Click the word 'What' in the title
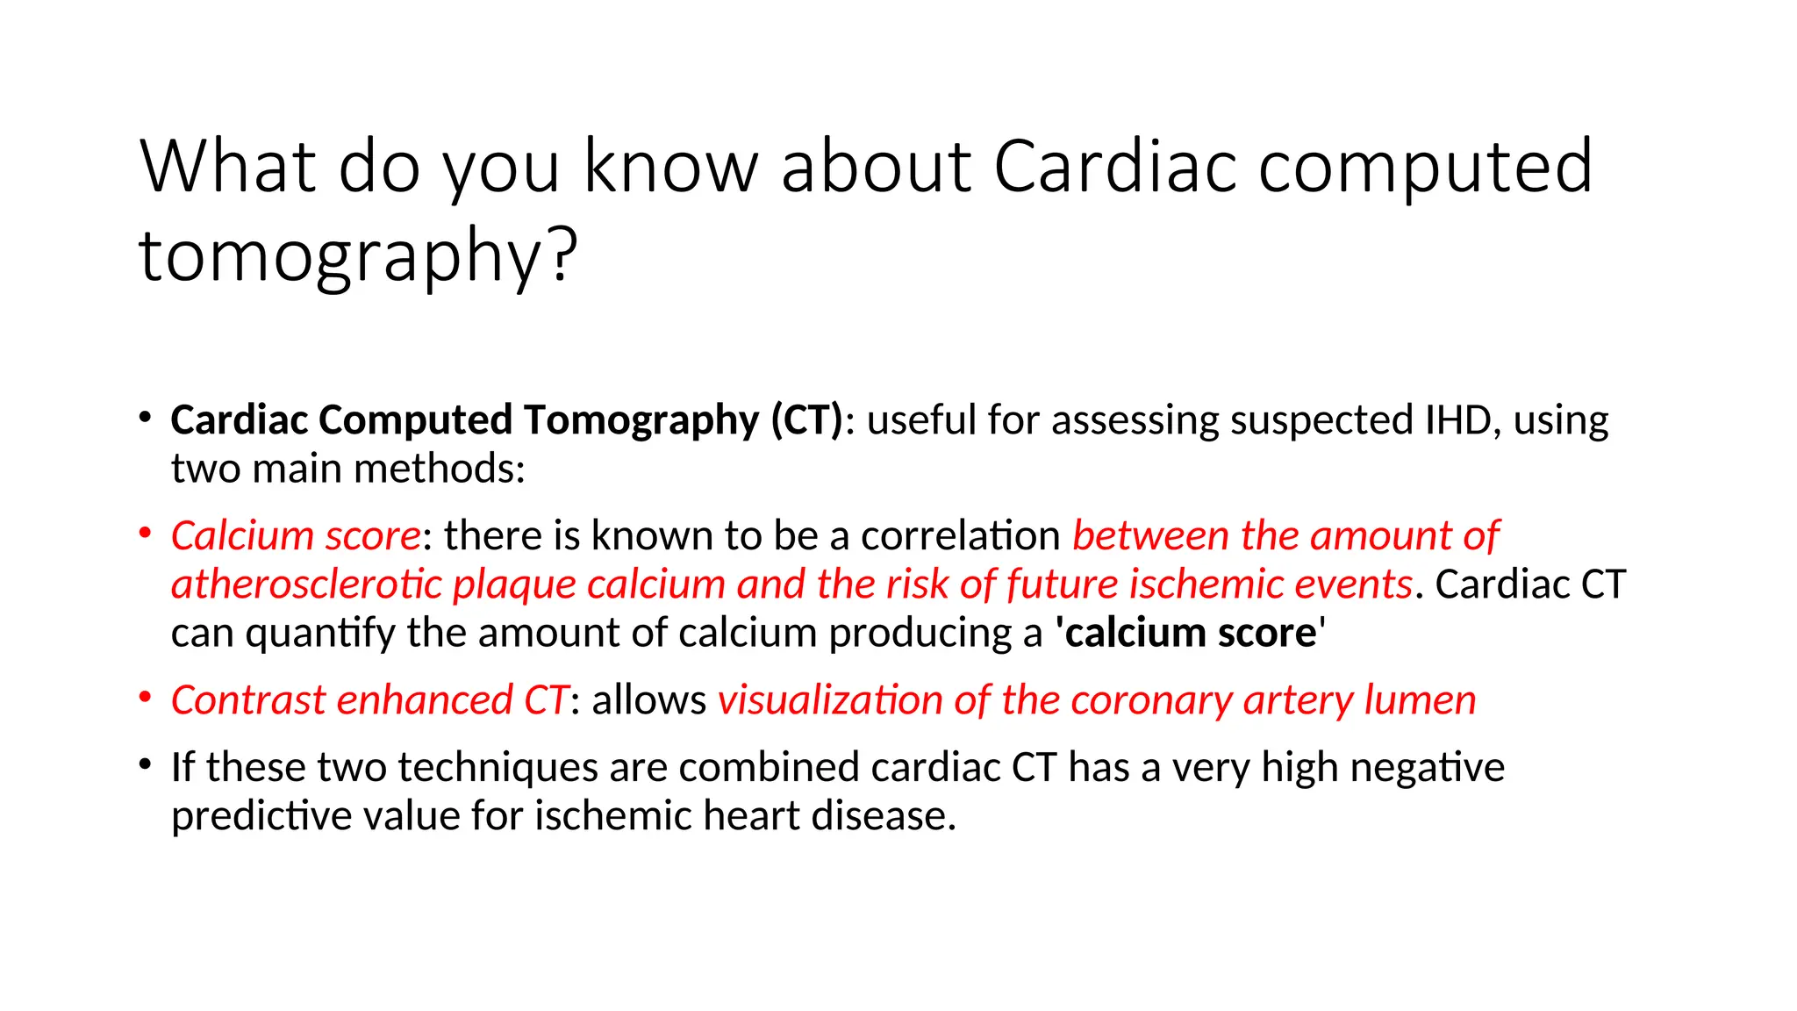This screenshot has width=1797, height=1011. pos(228,167)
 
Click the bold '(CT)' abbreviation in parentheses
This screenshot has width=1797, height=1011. pos(806,420)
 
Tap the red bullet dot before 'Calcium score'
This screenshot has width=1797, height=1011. pos(146,533)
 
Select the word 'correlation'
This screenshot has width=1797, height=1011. pos(961,536)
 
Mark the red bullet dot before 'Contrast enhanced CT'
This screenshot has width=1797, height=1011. pos(146,698)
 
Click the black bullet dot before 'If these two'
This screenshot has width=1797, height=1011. pos(146,764)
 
